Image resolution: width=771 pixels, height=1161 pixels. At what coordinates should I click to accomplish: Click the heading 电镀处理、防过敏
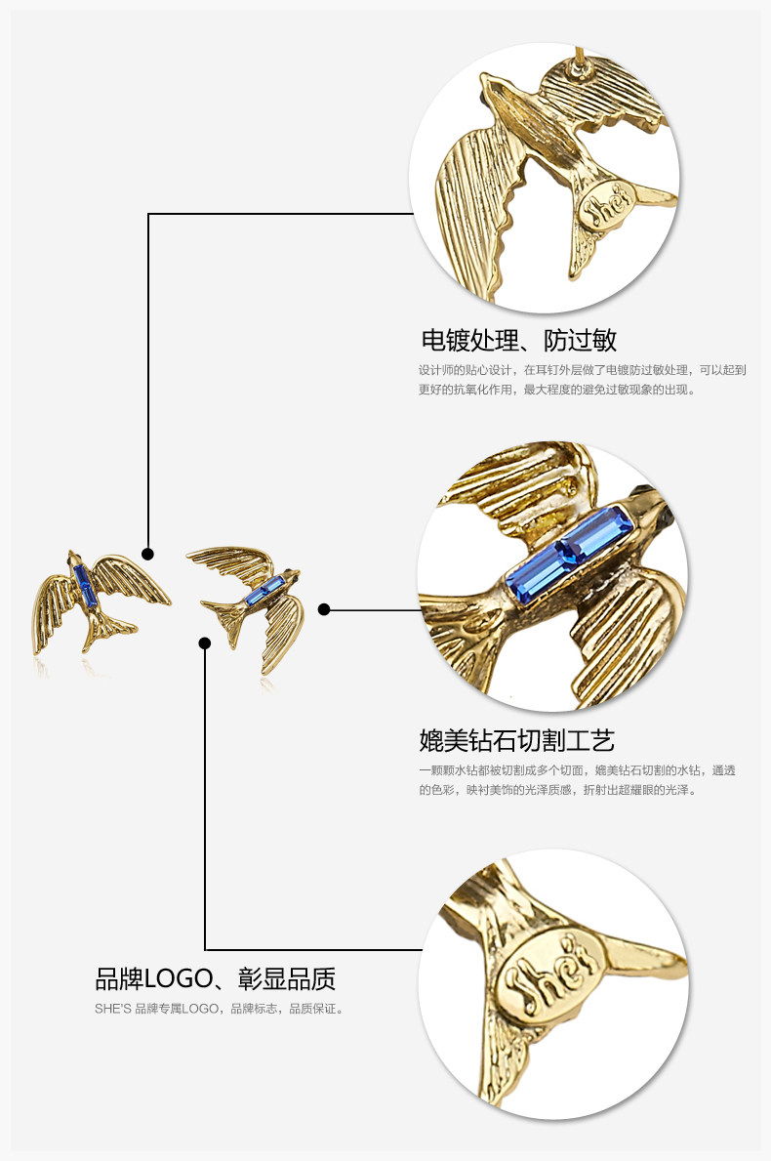(x=518, y=340)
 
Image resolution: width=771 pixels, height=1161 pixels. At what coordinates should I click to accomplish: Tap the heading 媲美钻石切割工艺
(x=516, y=739)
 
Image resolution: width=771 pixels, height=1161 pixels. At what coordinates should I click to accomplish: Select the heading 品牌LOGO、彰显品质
(x=215, y=977)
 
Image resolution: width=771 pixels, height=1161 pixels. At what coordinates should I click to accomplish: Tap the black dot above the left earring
(x=147, y=554)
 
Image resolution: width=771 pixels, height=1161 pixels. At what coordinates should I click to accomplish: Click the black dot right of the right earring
(x=324, y=609)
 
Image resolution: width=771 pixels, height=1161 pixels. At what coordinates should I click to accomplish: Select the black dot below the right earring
(x=205, y=643)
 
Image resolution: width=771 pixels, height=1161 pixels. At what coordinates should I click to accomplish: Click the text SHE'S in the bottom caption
(x=112, y=1008)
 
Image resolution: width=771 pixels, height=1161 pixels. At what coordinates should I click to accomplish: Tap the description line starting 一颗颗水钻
(x=577, y=769)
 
